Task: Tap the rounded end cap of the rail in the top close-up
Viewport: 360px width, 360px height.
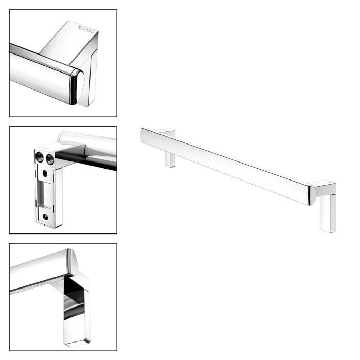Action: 76,87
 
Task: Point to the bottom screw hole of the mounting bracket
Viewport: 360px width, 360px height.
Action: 47,218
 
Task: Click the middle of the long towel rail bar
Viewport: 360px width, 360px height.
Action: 226,164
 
